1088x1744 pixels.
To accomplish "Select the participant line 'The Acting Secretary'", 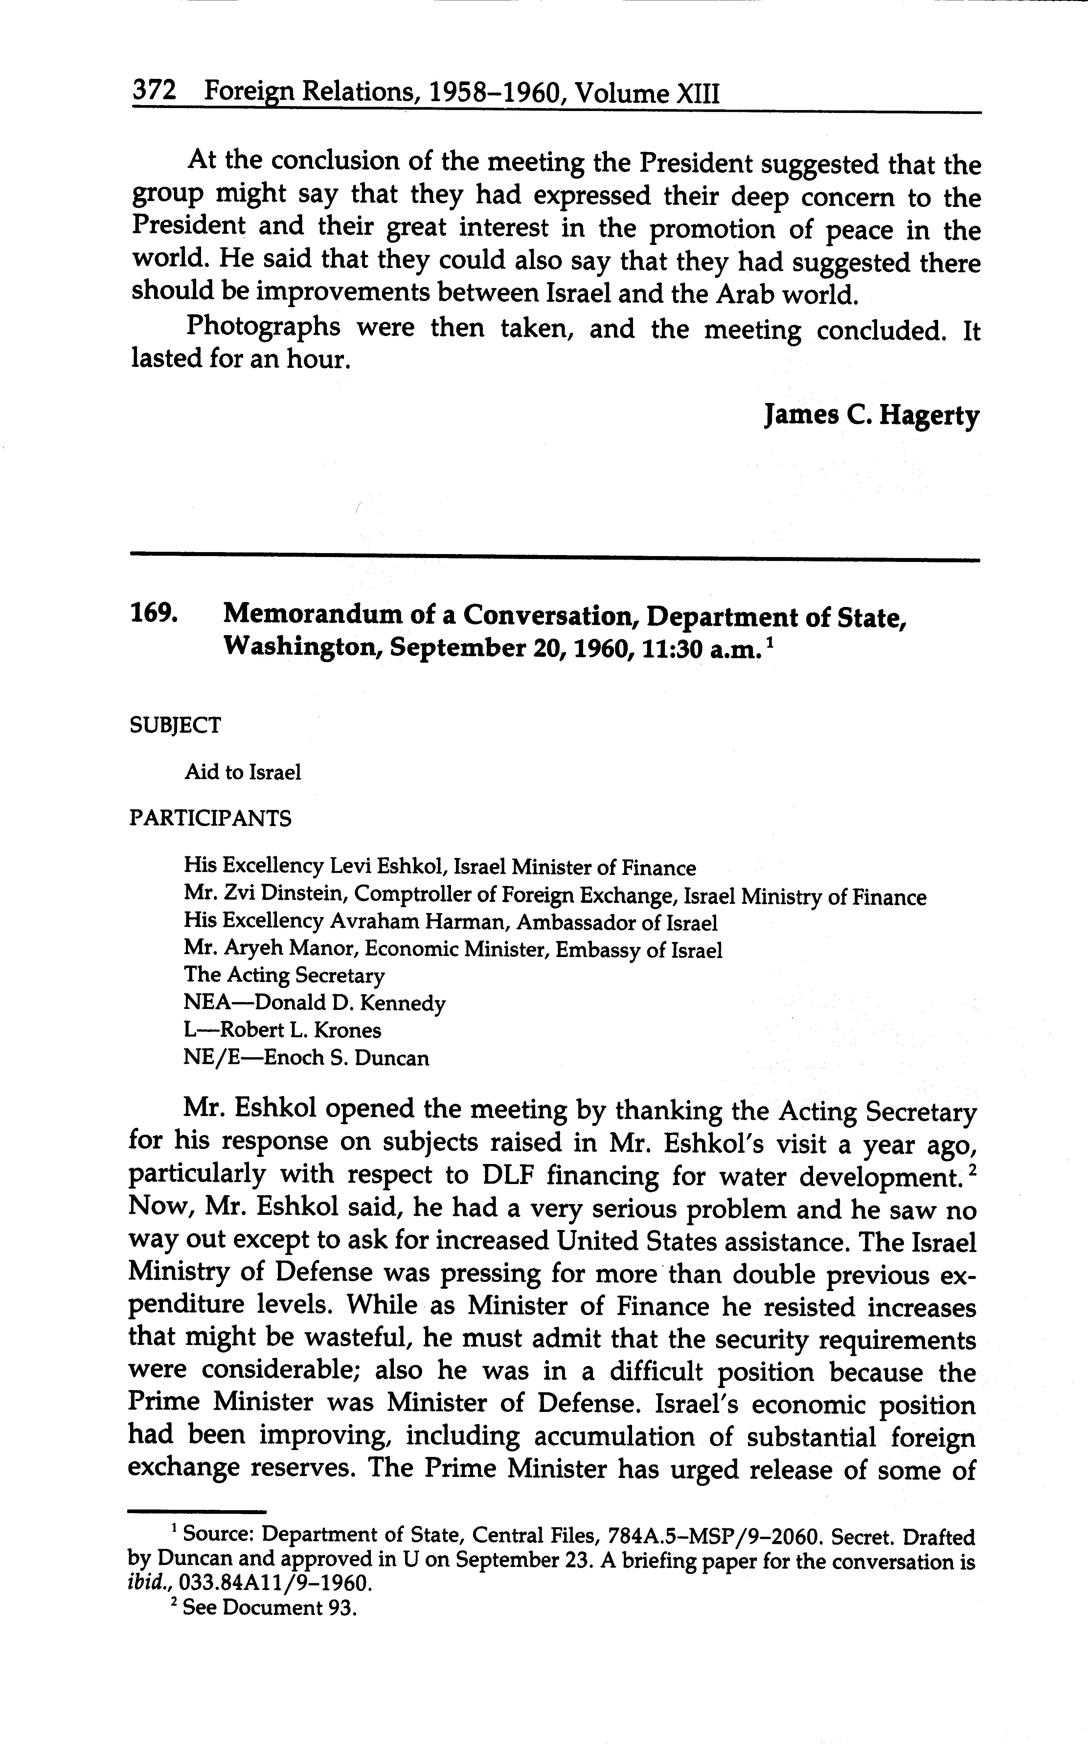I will pos(284,975).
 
